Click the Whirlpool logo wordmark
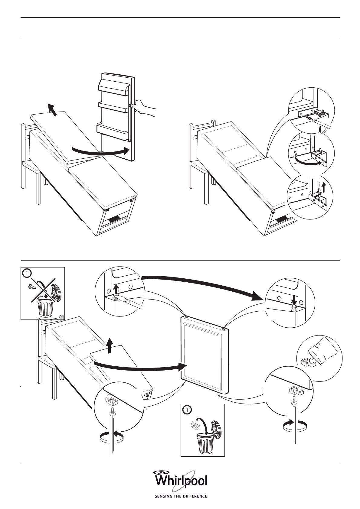tap(181, 481)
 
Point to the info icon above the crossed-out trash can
tap(27, 274)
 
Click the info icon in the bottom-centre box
tap(188, 410)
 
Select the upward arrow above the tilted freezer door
tap(110, 345)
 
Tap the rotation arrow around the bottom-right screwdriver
tap(294, 425)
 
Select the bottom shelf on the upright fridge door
tap(112, 131)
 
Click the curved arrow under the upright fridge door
tap(100, 151)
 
